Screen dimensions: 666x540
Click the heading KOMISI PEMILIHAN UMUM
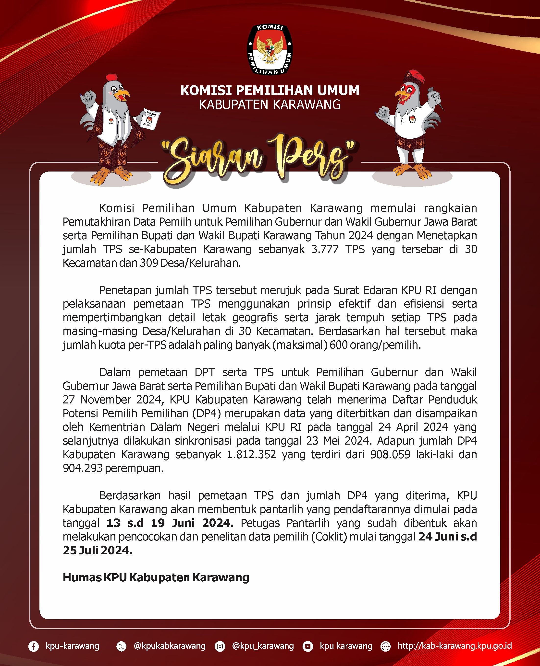(x=270, y=90)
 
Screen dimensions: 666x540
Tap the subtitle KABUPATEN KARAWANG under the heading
(x=270, y=105)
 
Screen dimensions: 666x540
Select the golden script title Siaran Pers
(x=258, y=160)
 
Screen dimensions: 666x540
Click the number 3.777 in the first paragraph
(x=324, y=249)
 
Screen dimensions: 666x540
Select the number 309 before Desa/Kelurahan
(x=148, y=263)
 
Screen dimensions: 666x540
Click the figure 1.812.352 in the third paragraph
(x=251, y=454)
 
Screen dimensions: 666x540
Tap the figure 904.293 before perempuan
(x=82, y=468)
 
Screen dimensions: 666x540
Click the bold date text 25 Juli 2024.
(x=97, y=550)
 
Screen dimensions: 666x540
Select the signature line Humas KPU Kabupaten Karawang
(x=156, y=577)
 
